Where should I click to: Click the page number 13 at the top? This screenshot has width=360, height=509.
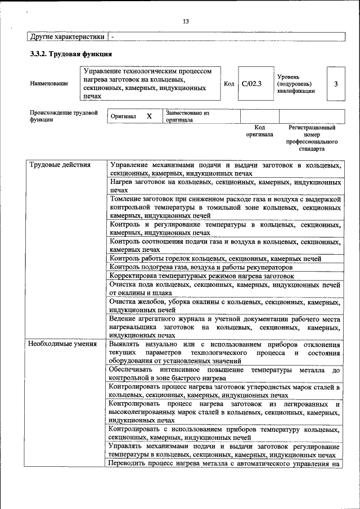[186, 21]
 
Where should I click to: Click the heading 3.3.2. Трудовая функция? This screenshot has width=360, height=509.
[71, 55]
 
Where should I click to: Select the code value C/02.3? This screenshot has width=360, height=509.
[251, 84]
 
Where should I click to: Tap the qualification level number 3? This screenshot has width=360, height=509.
[336, 84]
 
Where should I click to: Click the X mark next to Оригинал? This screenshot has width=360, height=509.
[149, 116]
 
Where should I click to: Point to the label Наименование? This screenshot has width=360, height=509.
[49, 84]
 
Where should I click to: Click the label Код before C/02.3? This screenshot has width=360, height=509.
[229, 84]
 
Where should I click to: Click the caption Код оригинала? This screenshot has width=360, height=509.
[259, 131]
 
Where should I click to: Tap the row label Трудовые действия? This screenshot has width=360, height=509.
[59, 165]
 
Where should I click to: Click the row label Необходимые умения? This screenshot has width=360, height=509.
[62, 343]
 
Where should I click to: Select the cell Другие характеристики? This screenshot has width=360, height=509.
[67, 37]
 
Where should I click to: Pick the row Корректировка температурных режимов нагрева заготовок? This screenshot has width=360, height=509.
[202, 276]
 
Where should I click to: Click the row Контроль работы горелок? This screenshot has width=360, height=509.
[215, 259]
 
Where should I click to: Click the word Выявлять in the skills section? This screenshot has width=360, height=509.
[125, 344]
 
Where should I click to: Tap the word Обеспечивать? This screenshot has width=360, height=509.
[133, 370]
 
